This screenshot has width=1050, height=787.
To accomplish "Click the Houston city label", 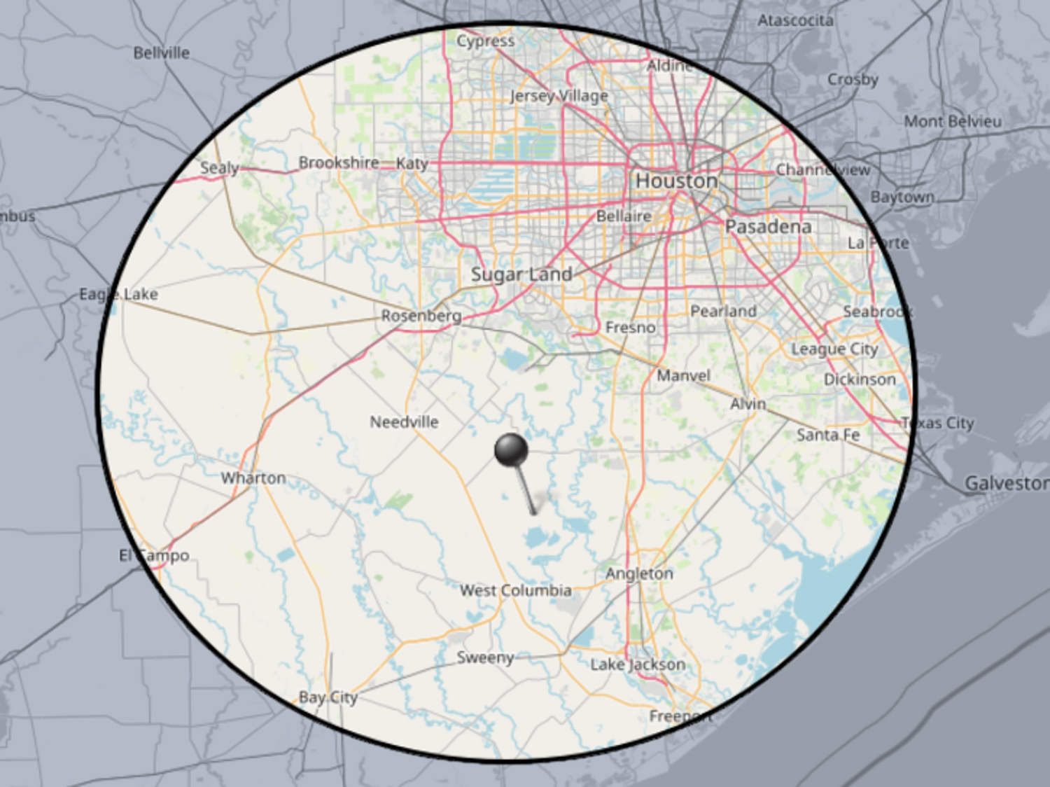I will [x=676, y=181].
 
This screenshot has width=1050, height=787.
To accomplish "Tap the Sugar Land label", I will [x=521, y=274].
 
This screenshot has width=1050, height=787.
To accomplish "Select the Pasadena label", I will [x=768, y=227].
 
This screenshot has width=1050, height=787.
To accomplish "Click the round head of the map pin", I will [x=511, y=450].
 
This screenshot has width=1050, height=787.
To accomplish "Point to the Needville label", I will [x=404, y=422].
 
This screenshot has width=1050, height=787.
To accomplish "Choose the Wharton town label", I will [x=253, y=478].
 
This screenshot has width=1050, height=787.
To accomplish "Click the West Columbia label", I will [x=515, y=590].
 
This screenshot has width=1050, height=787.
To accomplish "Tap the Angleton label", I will [x=639, y=573].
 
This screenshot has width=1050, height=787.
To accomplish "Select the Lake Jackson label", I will [x=638, y=664].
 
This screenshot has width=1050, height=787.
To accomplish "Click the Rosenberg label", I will [x=421, y=316].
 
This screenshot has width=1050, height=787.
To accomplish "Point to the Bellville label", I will [x=161, y=53].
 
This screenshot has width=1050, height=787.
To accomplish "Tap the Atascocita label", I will [x=795, y=20].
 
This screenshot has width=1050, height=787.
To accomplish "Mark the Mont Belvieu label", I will [x=952, y=121].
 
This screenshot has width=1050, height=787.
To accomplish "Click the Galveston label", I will [x=1006, y=483].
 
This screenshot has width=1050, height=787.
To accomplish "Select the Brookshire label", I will [x=339, y=162].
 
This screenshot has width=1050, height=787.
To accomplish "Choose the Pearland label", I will [x=723, y=311].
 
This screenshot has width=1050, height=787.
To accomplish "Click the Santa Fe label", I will [x=828, y=435].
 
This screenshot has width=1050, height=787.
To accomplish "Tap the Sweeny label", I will [x=485, y=657].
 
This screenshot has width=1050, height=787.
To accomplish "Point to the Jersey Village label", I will [x=559, y=96].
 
